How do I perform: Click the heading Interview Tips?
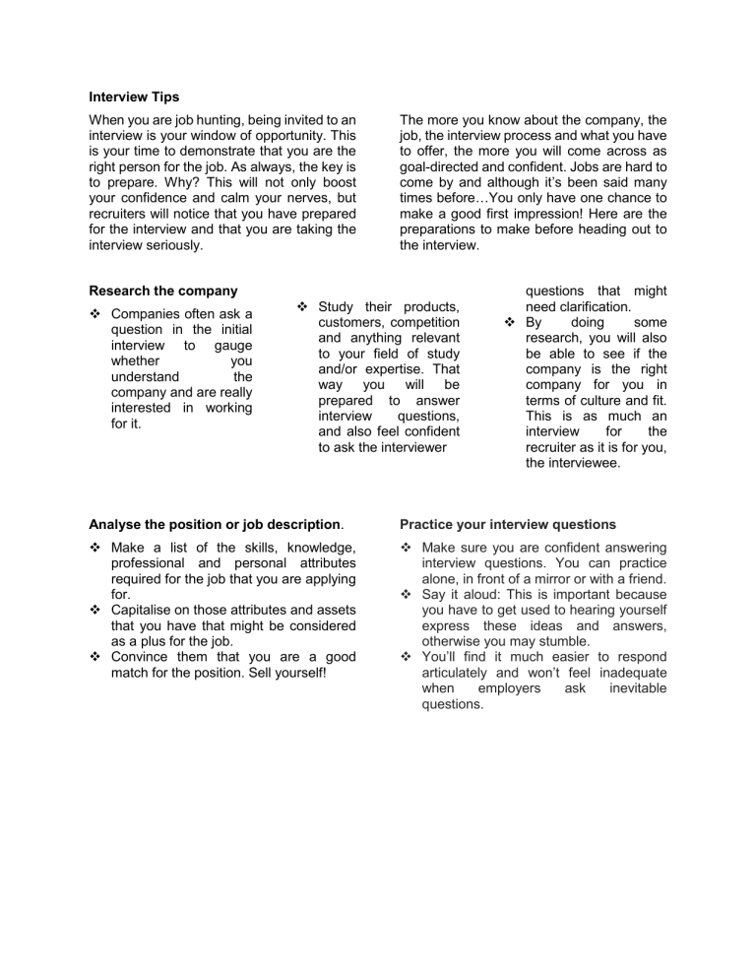(128, 98)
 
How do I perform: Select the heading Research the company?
(163, 291)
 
